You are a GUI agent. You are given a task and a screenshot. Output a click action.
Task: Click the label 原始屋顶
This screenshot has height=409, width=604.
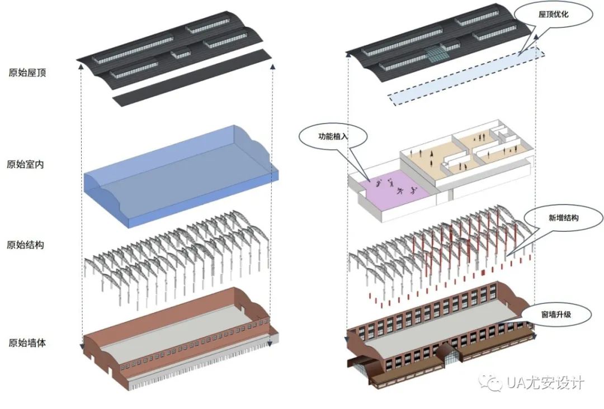click(x=27, y=73)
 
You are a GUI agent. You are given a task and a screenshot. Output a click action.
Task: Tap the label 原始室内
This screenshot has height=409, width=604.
click(x=25, y=164)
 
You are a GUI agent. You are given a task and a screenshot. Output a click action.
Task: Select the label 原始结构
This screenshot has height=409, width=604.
click(x=25, y=245)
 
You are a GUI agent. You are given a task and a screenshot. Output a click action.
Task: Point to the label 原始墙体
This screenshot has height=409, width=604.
click(x=27, y=343)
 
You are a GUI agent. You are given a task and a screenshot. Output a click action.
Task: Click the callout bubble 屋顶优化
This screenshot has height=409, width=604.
click(x=553, y=15)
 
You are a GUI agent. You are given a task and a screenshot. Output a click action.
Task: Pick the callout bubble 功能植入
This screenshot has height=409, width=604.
click(x=333, y=136)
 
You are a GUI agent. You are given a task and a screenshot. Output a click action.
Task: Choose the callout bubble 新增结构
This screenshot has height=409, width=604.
click(x=564, y=218)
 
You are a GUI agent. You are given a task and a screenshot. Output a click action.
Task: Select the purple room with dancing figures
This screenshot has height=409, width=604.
click(x=395, y=187)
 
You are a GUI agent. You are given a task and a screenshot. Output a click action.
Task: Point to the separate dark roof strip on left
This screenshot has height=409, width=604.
click(x=192, y=78)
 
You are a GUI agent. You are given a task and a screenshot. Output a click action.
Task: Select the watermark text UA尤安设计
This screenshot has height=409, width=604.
click(x=545, y=382)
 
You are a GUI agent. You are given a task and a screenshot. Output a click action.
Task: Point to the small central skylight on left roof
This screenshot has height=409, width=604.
click(x=181, y=53)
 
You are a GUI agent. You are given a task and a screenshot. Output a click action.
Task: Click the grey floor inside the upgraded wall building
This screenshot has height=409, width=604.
click(x=439, y=327)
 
